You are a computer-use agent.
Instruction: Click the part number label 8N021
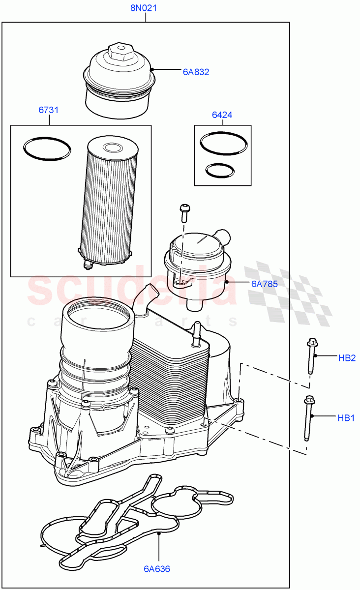[x=143, y=8]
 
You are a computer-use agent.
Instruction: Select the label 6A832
[x=196, y=72]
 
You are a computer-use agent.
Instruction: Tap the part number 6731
[x=49, y=110]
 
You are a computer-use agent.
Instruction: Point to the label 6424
[x=222, y=115]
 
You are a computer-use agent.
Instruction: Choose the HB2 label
[x=347, y=358]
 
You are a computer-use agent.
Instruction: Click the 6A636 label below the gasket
[x=157, y=569]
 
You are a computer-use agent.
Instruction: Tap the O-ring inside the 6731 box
[x=47, y=148]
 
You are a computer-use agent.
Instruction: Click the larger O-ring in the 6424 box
[x=224, y=144]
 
